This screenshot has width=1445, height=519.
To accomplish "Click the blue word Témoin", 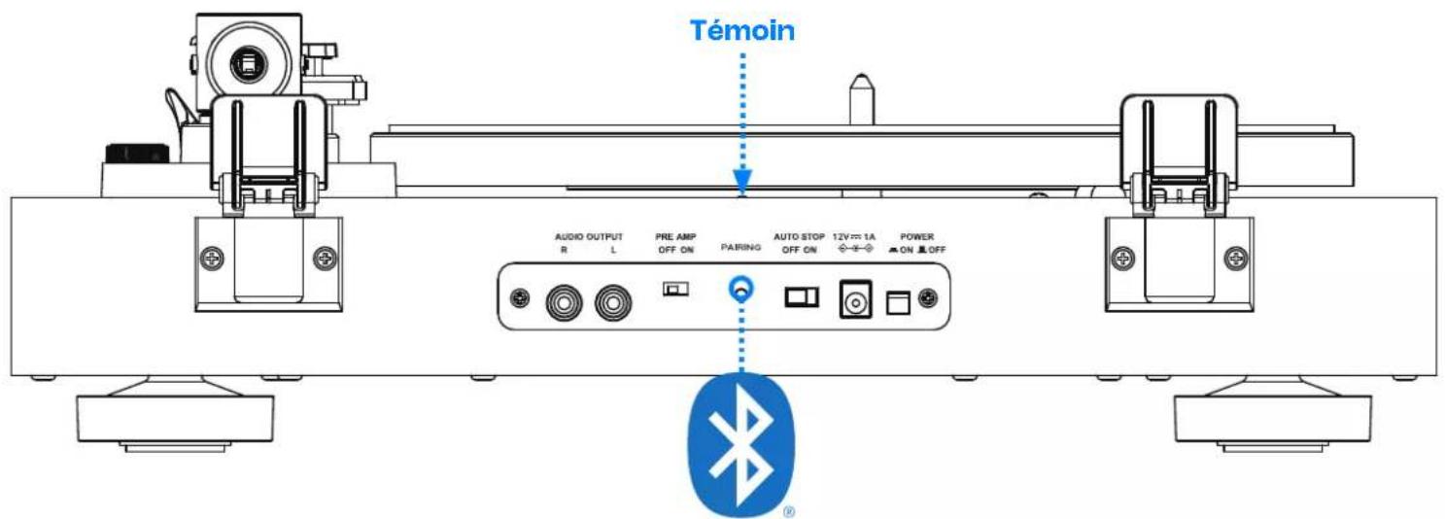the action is (741, 30).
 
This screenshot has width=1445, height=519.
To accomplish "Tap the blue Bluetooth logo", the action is (741, 445).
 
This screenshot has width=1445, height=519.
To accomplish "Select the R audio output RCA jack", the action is (564, 303).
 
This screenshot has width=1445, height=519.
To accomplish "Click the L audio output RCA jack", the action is (613, 303).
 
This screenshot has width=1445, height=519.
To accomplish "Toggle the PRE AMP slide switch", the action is (675, 289).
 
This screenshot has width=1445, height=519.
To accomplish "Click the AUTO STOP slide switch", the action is (802, 297).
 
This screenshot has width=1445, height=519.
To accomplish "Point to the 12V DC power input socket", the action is (855, 299).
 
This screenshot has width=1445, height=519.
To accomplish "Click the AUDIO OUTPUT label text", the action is (588, 237).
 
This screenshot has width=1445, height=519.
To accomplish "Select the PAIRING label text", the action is (740, 247).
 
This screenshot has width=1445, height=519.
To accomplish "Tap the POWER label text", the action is (916, 237).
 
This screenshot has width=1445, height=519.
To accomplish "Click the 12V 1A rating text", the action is (854, 237).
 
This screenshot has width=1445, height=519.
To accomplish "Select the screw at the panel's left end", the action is (519, 298).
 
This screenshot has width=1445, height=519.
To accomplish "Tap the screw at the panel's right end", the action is (928, 298).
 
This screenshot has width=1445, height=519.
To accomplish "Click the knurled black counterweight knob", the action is (137, 154).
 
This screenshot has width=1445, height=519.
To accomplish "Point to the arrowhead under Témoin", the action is (741, 180).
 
